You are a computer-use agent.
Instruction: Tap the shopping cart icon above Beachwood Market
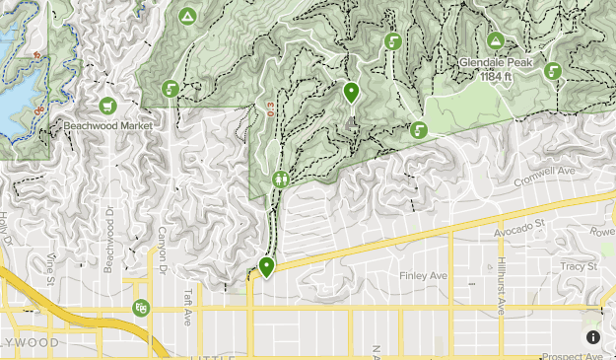coord(107,106)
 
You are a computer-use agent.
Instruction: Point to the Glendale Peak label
coord(496,62)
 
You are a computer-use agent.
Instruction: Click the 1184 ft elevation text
coord(496,74)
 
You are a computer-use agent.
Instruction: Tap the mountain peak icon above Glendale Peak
coord(496,40)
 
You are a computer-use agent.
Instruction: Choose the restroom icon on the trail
coord(282,180)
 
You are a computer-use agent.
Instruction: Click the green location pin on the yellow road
coord(266,266)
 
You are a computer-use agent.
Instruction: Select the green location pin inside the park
coord(352,93)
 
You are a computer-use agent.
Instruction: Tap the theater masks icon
coord(141,309)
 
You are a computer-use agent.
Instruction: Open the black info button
coord(593,337)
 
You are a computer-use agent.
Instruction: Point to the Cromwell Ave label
coord(544,180)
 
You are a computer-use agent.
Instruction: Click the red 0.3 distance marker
coord(269,109)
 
